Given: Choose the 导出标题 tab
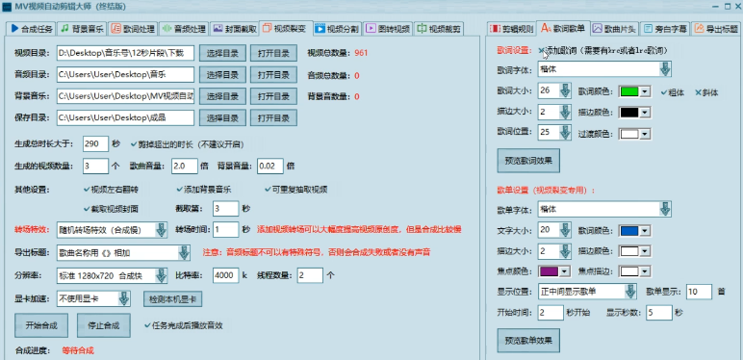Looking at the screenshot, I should tap(715, 28).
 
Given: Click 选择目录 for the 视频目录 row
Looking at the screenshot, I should tap(222, 52).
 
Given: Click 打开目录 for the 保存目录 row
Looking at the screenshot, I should tap(274, 118).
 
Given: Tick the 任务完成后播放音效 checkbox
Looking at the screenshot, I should tap(146, 325).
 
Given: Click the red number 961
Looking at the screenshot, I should tap(360, 52).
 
